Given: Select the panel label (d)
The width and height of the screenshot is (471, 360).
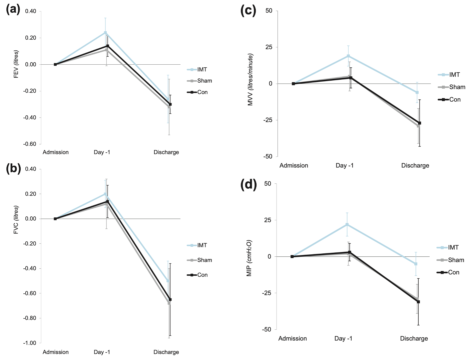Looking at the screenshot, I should point(249,184).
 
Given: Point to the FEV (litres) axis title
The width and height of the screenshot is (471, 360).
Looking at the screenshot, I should point(16,64).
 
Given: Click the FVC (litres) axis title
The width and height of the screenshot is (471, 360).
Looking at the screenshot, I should point(16,219).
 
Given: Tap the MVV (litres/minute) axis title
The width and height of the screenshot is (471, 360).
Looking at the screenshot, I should point(251,80).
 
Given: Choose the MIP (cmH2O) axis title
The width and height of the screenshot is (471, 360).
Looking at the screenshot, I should point(249,258).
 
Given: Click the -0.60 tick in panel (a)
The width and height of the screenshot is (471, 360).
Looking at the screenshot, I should point(30,144).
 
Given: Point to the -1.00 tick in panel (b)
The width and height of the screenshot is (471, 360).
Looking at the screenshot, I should point(30,343).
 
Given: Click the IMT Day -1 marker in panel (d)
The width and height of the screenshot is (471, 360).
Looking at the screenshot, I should point(347,224).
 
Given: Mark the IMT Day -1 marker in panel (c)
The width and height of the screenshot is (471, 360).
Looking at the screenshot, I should point(348,56).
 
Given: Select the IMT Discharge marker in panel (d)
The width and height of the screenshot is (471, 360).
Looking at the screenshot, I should point(416,264).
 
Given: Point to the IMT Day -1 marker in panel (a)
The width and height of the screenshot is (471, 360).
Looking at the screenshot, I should point(105,32).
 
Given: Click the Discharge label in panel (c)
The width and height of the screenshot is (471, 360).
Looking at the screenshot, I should point(415,165).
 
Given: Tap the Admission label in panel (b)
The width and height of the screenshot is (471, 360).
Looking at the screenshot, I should point(55,352).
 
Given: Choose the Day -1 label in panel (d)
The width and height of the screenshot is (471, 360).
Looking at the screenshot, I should point(343,338).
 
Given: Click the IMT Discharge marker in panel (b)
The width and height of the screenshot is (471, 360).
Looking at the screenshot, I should point(168,281).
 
